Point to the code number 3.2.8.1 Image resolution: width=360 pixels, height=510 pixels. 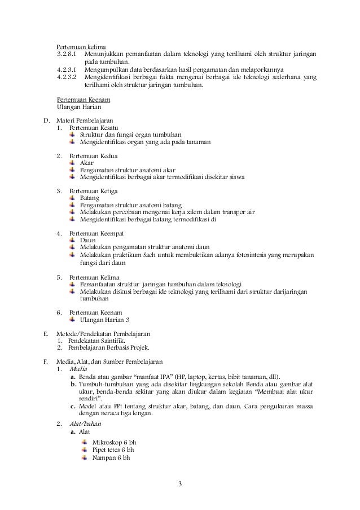pyautogui.click(x=68, y=54)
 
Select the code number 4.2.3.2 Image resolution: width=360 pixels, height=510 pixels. pyautogui.click(x=68, y=77)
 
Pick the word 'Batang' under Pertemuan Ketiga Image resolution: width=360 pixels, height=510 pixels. pyautogui.click(x=90, y=198)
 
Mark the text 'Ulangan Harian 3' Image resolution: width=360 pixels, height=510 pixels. pyautogui.click(x=104, y=319)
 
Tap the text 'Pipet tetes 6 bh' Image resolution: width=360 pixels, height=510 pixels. pyautogui.click(x=113, y=450)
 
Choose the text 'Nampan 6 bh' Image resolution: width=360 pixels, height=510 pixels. pyautogui.click(x=111, y=457)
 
